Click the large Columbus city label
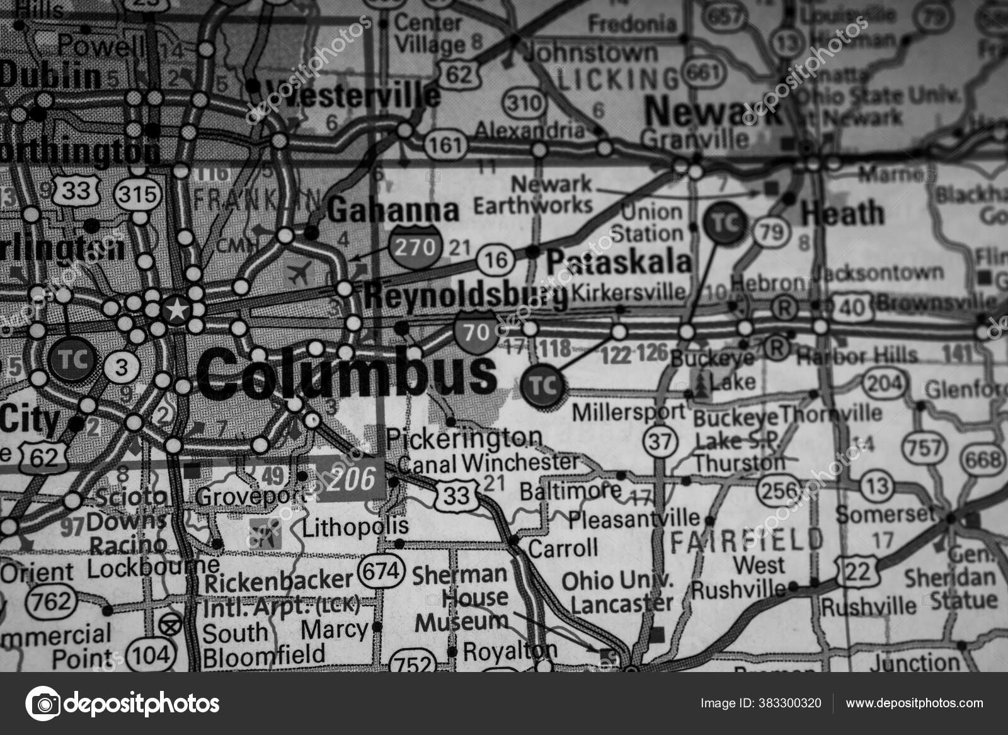tap(346, 373)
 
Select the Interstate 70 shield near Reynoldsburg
tap(476, 331)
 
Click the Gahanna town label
tap(393, 211)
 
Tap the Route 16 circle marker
tap(496, 259)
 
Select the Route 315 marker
tap(137, 193)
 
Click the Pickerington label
tap(464, 437)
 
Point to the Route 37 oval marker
tap(660, 442)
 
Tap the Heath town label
tap(842, 214)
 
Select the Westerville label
tap(353, 94)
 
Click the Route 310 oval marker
tap(523, 103)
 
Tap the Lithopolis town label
tap(355, 527)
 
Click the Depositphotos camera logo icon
tap(43, 704)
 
